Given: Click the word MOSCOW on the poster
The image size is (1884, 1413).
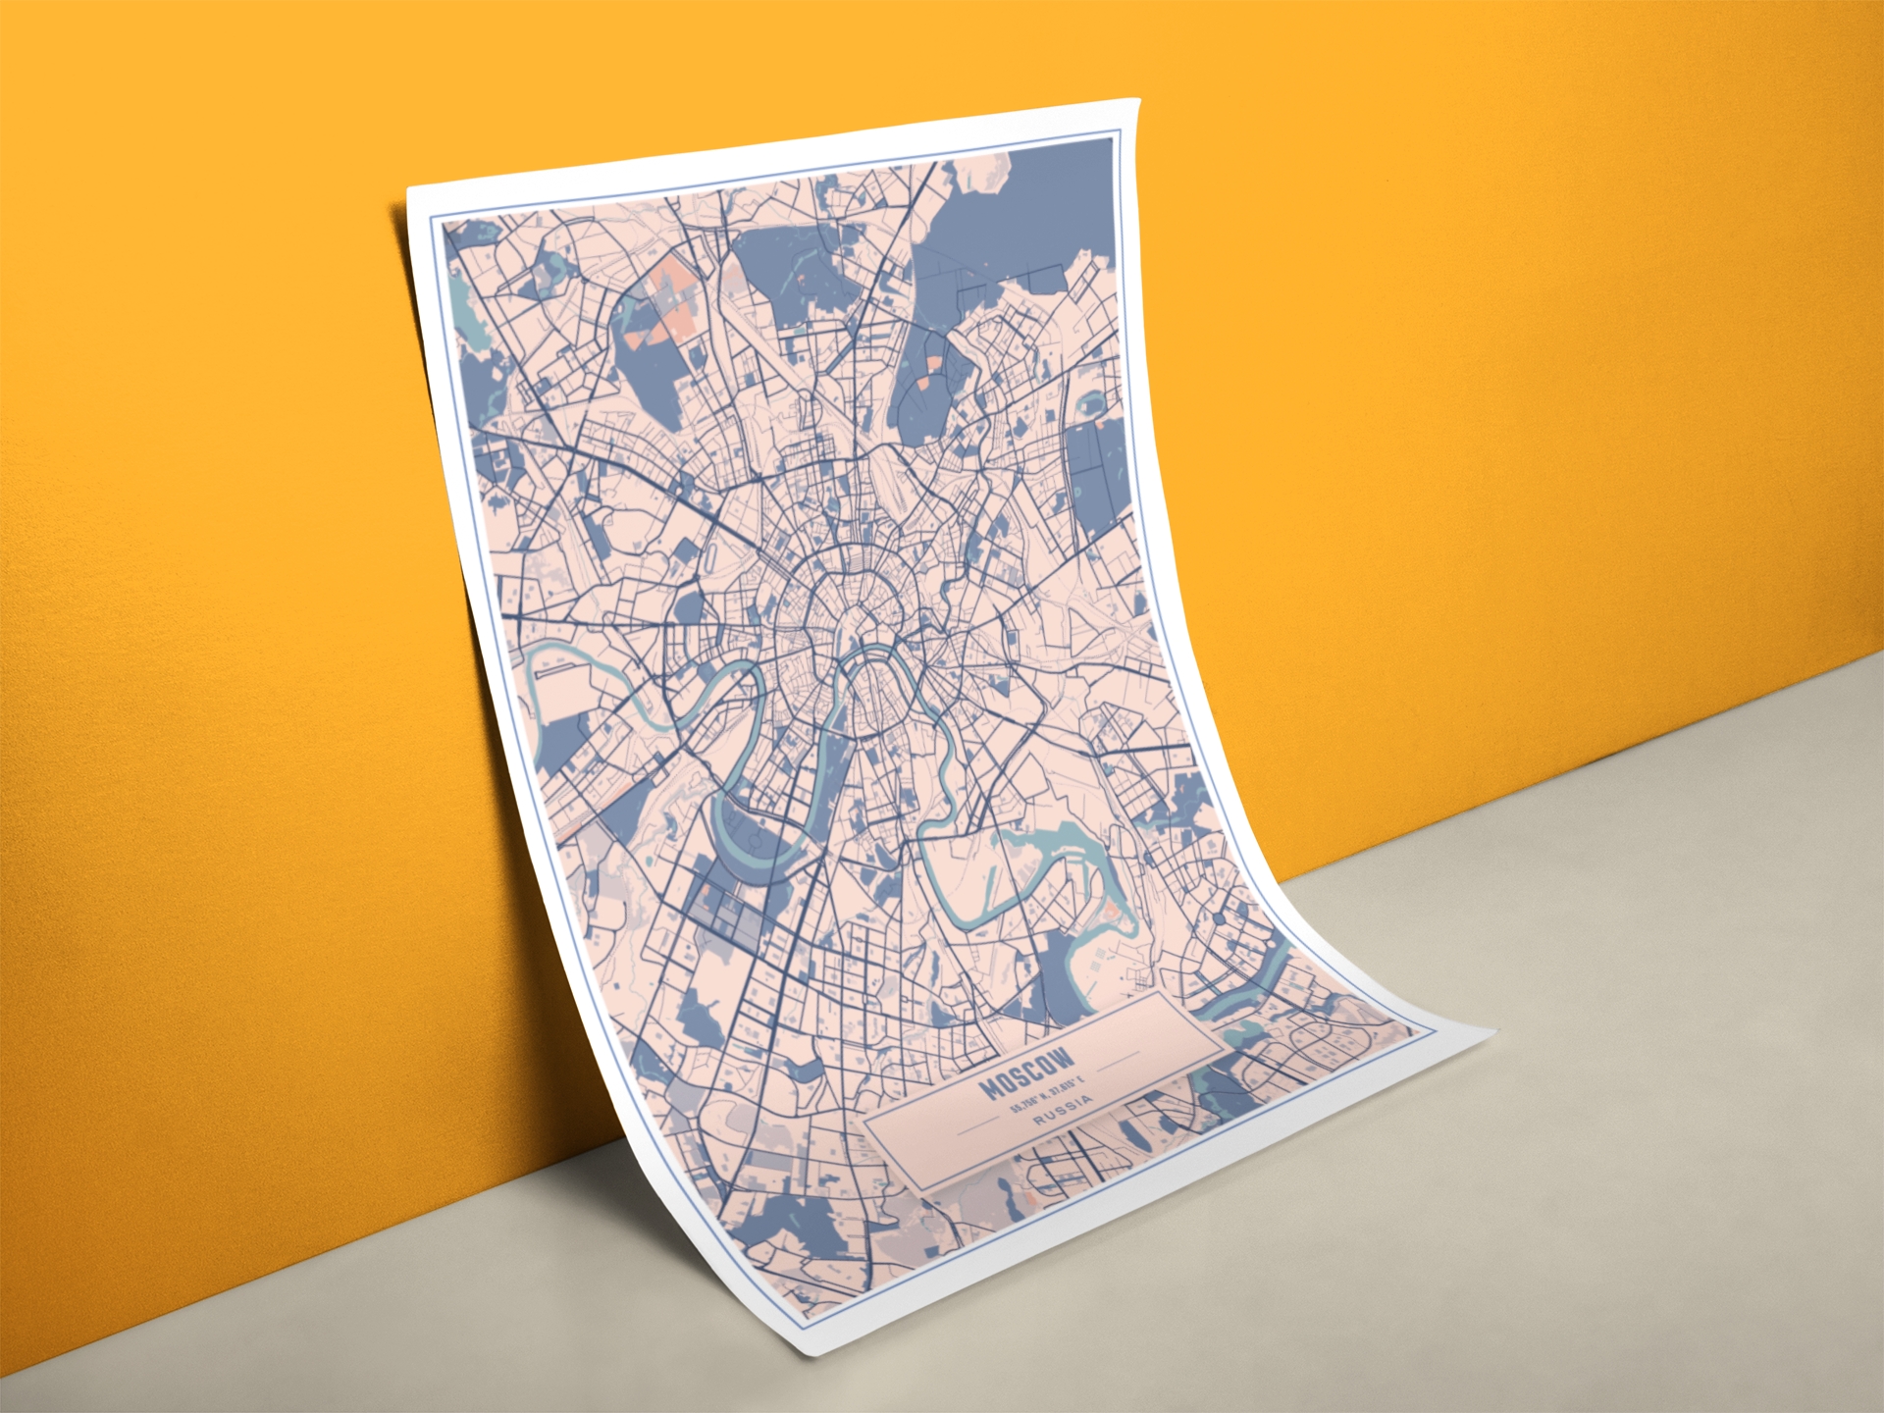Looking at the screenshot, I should coord(1027,1074).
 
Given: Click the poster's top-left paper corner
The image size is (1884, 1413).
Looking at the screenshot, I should coord(408,188).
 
